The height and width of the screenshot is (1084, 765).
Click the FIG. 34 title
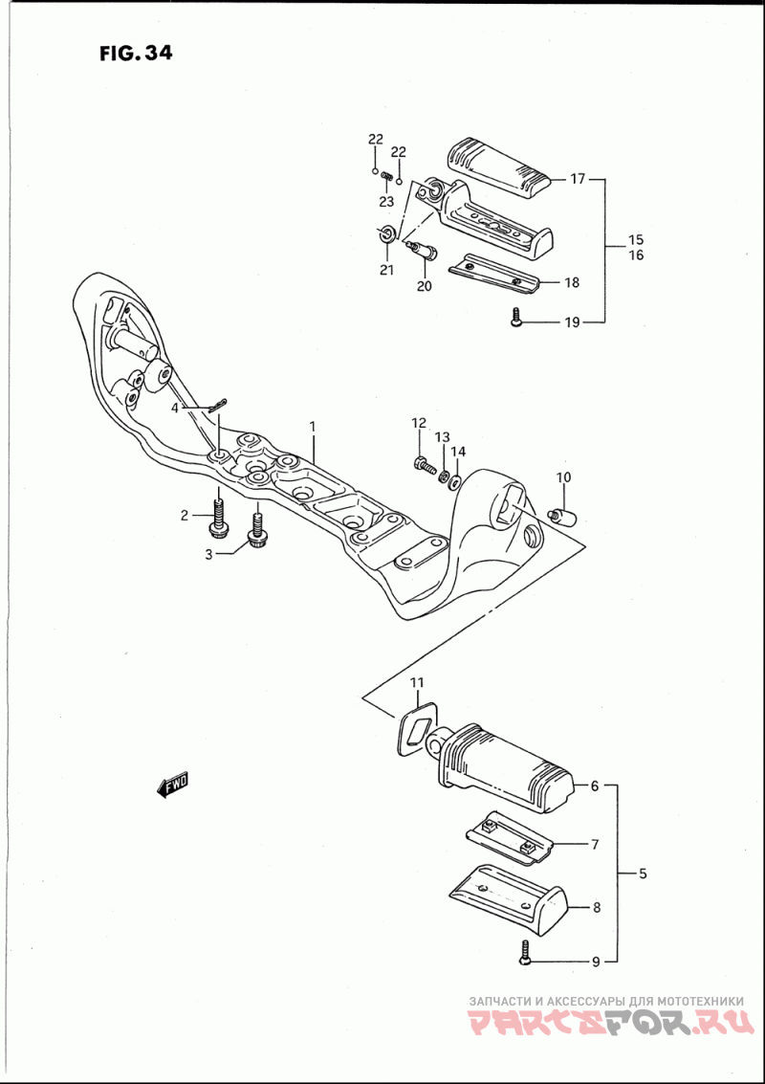(x=135, y=53)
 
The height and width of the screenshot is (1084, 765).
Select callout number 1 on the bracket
(x=311, y=424)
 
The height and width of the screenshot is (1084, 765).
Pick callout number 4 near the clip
(x=175, y=408)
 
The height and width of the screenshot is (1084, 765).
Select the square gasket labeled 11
(x=414, y=724)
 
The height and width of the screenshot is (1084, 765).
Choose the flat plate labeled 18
(x=497, y=275)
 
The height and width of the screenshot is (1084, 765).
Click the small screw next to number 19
(x=515, y=319)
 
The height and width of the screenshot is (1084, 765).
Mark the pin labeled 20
(x=421, y=251)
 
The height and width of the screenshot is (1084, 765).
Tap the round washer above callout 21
(x=386, y=232)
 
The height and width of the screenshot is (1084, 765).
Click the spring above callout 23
(x=387, y=177)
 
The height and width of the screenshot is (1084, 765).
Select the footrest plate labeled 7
(x=512, y=834)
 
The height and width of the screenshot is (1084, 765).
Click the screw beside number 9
(x=524, y=951)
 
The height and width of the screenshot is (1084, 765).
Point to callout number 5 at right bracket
(x=643, y=874)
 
